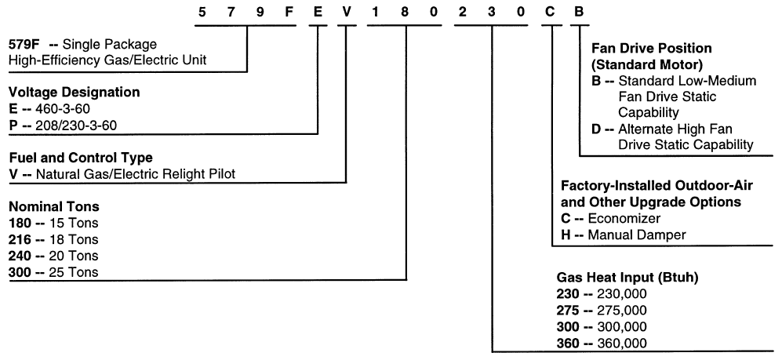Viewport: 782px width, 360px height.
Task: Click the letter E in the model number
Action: point(318,11)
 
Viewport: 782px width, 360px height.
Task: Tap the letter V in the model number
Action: point(348,11)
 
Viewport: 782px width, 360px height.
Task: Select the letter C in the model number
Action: point(551,11)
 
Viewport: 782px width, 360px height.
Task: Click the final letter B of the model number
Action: point(580,11)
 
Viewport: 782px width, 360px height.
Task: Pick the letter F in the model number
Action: point(289,11)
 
